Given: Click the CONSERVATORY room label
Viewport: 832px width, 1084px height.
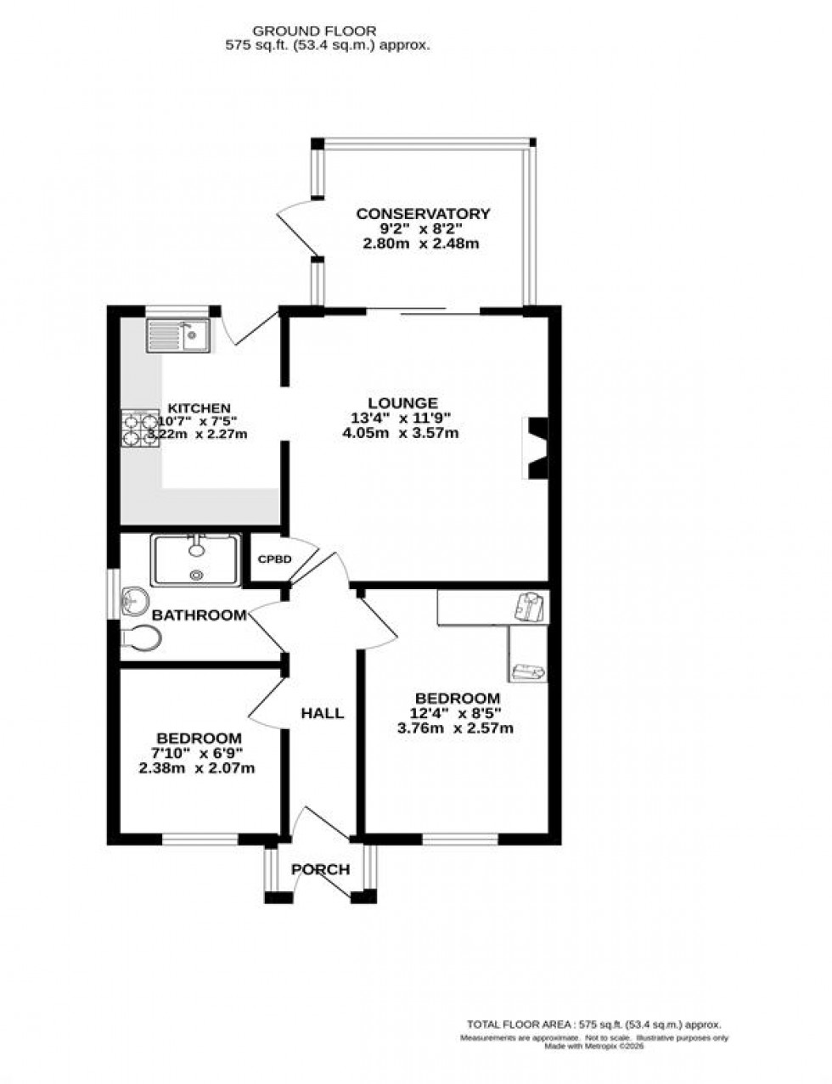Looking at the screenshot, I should coord(423,214).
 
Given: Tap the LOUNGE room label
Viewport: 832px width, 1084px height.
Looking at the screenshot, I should coord(402,403).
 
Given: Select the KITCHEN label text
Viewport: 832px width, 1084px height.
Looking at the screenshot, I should coord(199,408).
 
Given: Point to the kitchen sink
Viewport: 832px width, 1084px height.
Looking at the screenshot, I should coord(178,334).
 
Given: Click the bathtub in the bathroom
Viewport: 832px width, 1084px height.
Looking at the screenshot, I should coord(195,559).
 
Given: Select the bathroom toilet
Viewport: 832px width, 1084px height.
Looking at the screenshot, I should coord(139,638).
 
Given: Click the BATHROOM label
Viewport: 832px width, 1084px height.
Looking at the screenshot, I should coord(200,615).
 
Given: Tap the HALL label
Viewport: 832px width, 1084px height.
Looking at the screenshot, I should coord(323,713).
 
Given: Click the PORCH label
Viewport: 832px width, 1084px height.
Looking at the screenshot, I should coord(320,869).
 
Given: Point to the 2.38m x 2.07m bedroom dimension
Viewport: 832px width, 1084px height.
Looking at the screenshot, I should coord(197,768).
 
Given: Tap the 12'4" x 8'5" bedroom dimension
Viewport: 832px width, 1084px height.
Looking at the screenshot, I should coord(455,713).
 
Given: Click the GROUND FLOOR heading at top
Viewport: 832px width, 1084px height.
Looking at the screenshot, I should coord(326,31).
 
